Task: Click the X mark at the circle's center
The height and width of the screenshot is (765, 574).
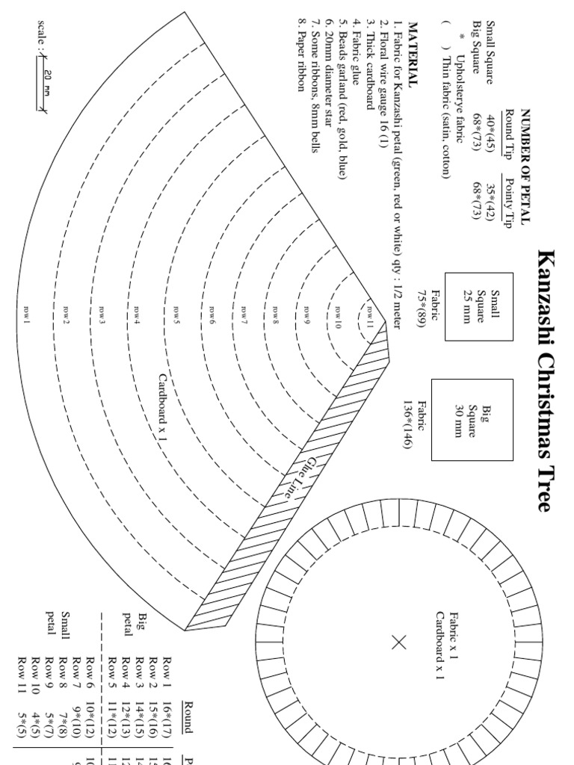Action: coord(398,641)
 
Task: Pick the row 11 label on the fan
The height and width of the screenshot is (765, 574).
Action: coord(369,309)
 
